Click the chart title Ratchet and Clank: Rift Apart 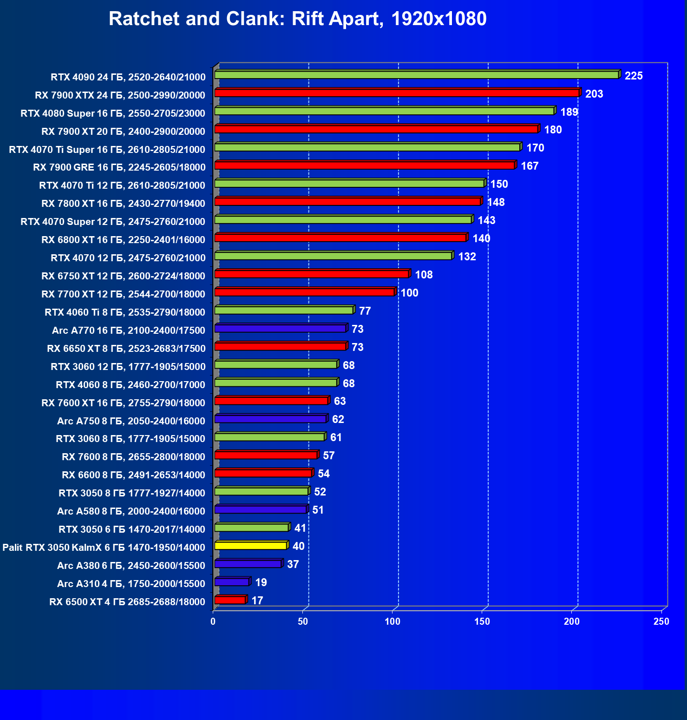point(297,19)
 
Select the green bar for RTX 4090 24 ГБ point(416,75)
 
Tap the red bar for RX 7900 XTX point(397,93)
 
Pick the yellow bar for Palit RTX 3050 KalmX point(251,546)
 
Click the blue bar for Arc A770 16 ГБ point(281,329)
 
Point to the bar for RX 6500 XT point(230,600)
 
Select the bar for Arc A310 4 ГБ point(232,582)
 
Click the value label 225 point(634,76)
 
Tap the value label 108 point(424,275)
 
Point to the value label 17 point(257,601)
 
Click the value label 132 point(467,257)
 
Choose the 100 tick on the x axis point(393,621)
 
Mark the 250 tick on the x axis point(661,621)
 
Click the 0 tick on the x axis point(213,621)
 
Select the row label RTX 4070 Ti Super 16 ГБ point(107,149)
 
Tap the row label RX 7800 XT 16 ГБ point(123,203)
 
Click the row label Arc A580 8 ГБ point(131,511)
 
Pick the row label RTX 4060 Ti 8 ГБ point(124,312)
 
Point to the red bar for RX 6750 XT point(311,274)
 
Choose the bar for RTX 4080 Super point(384,111)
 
